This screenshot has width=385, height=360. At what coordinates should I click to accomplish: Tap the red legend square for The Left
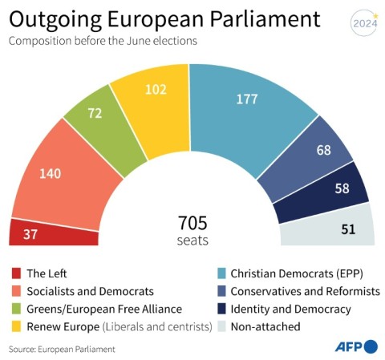(x=15, y=274)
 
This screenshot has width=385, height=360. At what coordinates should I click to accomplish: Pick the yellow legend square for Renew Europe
(x=15, y=326)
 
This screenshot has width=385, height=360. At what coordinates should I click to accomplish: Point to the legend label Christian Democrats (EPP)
(x=297, y=274)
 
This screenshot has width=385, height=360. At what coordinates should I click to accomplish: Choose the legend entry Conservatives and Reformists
(x=305, y=291)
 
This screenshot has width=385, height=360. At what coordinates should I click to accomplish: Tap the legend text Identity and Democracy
(x=290, y=309)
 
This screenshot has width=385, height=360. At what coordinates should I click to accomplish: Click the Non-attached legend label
(x=265, y=326)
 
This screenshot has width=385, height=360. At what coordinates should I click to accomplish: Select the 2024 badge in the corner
(x=363, y=22)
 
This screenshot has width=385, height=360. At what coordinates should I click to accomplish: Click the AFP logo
(x=355, y=346)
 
